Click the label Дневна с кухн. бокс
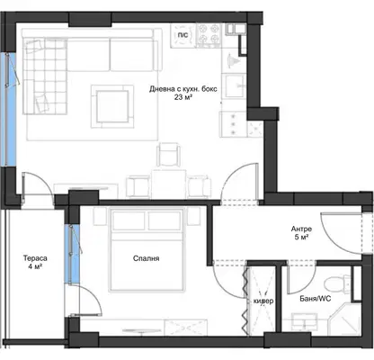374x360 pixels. point(183,89)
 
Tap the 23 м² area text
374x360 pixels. point(183,97)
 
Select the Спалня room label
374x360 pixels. point(146,258)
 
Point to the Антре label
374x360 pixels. point(301,229)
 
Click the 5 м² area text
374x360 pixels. point(301,237)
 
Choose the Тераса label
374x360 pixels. point(35,258)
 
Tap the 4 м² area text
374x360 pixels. point(35,266)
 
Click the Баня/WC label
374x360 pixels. point(316,299)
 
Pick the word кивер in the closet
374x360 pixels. point(263,301)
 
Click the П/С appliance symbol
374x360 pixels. point(183,36)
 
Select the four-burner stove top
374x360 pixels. point(209,34)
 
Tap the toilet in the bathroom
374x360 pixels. point(337,283)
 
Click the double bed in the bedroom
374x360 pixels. point(147,250)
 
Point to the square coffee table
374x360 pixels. point(112,106)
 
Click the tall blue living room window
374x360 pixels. point(11,110)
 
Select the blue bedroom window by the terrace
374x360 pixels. point(74,254)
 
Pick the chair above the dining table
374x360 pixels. point(169,155)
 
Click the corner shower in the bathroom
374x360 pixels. point(344,318)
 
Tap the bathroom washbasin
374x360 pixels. point(305,322)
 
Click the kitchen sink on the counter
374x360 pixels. point(235,86)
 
